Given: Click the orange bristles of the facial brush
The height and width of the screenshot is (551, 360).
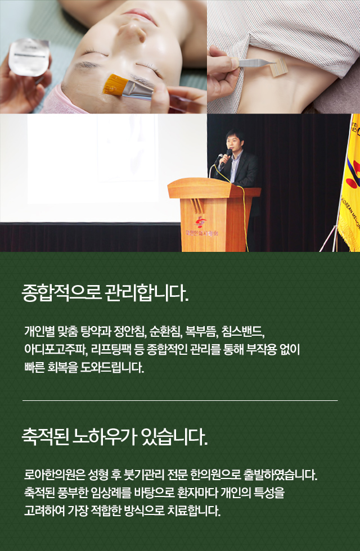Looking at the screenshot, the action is tap(113, 85).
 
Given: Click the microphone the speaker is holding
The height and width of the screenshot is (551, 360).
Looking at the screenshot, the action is tap(228, 155).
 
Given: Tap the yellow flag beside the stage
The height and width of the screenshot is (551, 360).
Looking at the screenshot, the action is tap(350, 182).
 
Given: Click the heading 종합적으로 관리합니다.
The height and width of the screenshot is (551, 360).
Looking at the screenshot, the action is tap(105, 292).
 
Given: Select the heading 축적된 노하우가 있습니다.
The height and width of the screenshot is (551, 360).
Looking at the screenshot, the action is tap(115, 437).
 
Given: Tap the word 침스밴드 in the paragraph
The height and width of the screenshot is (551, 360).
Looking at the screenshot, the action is tap(243, 331).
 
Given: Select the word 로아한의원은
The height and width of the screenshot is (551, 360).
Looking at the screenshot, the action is tap(55, 475).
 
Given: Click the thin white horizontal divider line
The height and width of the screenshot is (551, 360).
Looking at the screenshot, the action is tap(180, 400).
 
